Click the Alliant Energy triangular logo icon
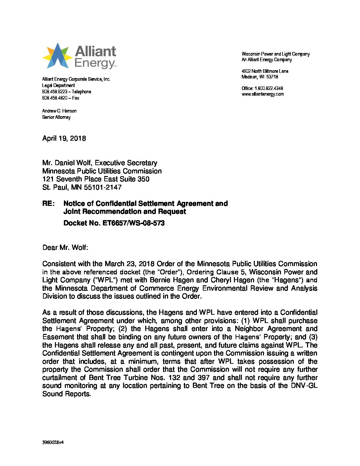point(57,56)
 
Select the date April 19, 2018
point(64,138)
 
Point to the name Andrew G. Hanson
point(59,111)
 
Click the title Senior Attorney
point(56,117)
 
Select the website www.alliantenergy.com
point(262,94)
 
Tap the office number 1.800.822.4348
point(268,88)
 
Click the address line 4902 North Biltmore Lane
point(265,71)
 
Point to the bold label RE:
point(48,204)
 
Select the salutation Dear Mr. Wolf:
point(65,248)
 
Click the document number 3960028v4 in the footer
point(53,442)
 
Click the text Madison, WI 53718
point(260,77)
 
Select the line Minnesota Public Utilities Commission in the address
point(102,171)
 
